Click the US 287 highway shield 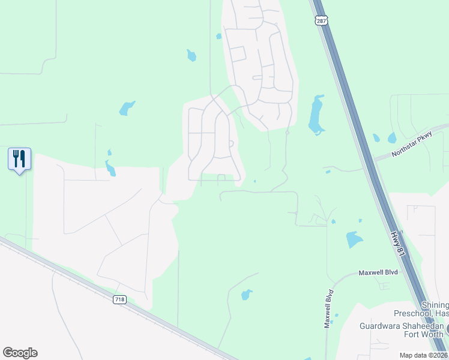[x=322, y=20]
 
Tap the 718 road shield [x=120, y=299]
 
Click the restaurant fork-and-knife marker [x=19, y=160]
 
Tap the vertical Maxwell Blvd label [x=328, y=309]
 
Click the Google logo [x=20, y=353]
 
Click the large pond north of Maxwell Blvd [x=354, y=239]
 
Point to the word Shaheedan [x=423, y=326]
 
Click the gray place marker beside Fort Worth [x=447, y=329]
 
